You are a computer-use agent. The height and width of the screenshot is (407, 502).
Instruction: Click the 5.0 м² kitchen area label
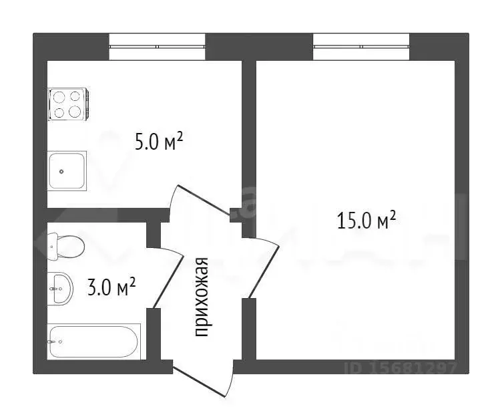(x=158, y=142)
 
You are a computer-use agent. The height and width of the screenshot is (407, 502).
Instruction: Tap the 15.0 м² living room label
(x=366, y=220)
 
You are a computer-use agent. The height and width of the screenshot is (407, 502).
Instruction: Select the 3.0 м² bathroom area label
(x=112, y=288)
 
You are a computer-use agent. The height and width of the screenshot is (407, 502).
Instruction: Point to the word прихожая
(x=202, y=297)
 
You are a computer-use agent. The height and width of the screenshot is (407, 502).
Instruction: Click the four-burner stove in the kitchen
(x=67, y=105)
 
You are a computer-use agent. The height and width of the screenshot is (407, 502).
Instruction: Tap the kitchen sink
(x=67, y=170)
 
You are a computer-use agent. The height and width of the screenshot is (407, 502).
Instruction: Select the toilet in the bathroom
(x=66, y=245)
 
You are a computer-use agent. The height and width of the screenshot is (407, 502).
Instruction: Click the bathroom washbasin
(x=60, y=288)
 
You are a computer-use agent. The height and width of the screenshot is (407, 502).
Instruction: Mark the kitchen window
(x=157, y=47)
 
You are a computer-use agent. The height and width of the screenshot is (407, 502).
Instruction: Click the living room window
(x=361, y=47)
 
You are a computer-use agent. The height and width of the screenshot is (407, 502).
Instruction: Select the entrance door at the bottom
(x=204, y=378)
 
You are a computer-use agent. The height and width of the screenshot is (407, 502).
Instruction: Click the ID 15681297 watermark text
(x=401, y=367)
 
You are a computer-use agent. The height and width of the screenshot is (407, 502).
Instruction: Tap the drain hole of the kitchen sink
(x=61, y=170)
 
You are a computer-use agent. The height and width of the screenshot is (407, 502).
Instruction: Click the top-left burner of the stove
(x=59, y=97)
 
